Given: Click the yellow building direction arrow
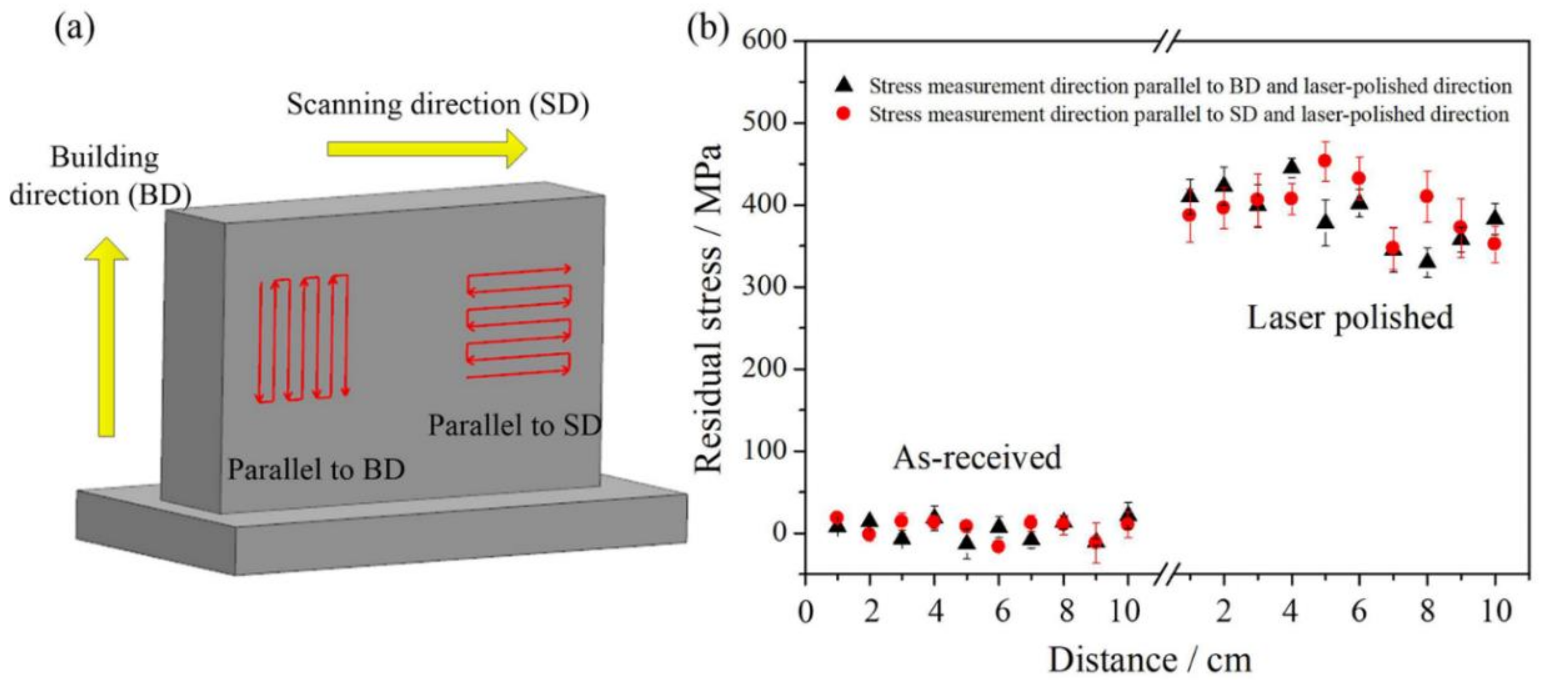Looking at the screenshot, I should (x=106, y=337).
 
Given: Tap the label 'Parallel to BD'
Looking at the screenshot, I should (x=316, y=469).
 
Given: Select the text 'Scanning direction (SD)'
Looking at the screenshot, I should (x=438, y=104).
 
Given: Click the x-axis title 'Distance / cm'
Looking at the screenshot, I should (x=1150, y=660).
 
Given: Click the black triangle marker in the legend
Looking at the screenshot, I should (x=844, y=86).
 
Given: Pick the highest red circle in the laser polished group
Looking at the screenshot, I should (x=1324, y=161).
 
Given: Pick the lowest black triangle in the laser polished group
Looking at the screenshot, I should (x=1427, y=261).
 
